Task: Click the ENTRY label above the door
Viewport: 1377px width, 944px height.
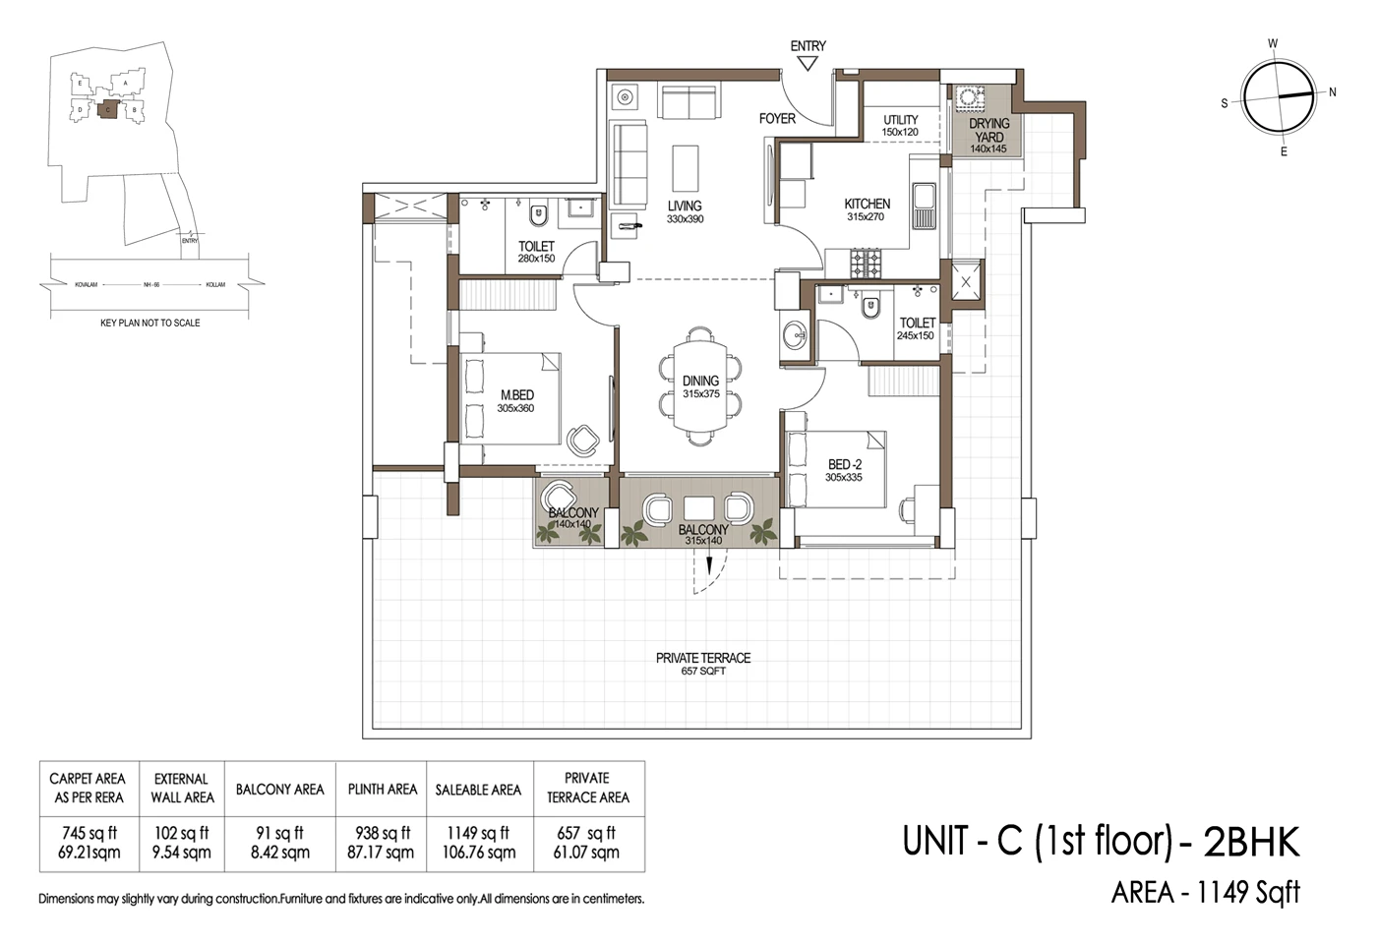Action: pyautogui.click(x=808, y=46)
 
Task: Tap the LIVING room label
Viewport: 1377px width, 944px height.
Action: pyautogui.click(x=685, y=206)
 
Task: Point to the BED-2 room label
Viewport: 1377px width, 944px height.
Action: pyautogui.click(x=844, y=464)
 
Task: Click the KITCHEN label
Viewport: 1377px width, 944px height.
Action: pyautogui.click(x=867, y=204)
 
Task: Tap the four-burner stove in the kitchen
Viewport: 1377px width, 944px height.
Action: pyautogui.click(x=867, y=262)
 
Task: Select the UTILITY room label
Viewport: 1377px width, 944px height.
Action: pyautogui.click(x=900, y=120)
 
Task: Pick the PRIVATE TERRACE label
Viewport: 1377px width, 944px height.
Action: pyautogui.click(x=703, y=658)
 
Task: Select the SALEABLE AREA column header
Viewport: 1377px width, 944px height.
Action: pyautogui.click(x=478, y=790)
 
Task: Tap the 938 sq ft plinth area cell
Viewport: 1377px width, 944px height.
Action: pyautogui.click(x=382, y=833)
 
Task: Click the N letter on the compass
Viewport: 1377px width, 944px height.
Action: pyautogui.click(x=1333, y=92)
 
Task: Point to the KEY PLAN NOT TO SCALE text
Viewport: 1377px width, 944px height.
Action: pyautogui.click(x=150, y=323)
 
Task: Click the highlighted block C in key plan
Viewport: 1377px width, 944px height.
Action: pyautogui.click(x=107, y=109)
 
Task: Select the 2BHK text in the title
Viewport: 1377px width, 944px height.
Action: pyautogui.click(x=1251, y=843)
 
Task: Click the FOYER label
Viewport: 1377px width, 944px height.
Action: pyautogui.click(x=777, y=118)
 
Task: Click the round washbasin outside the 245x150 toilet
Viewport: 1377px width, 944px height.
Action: pyautogui.click(x=794, y=336)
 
